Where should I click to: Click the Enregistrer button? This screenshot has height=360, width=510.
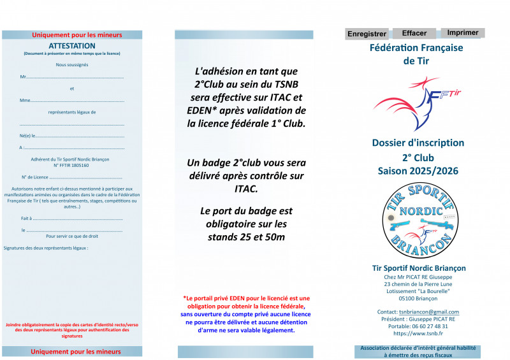pos(367,34)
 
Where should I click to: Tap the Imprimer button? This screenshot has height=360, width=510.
pos(463,32)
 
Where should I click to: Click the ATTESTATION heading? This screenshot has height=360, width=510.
pos(72,46)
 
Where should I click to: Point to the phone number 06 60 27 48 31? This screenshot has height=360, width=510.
pos(435,326)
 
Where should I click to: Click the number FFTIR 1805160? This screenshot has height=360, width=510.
pos(72,165)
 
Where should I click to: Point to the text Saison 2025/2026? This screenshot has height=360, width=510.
pos(418,171)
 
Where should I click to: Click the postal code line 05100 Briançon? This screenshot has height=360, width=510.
pos(418,298)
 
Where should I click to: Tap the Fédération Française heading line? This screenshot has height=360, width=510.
pos(416,48)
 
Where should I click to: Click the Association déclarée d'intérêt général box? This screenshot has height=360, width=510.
pos(418,351)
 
